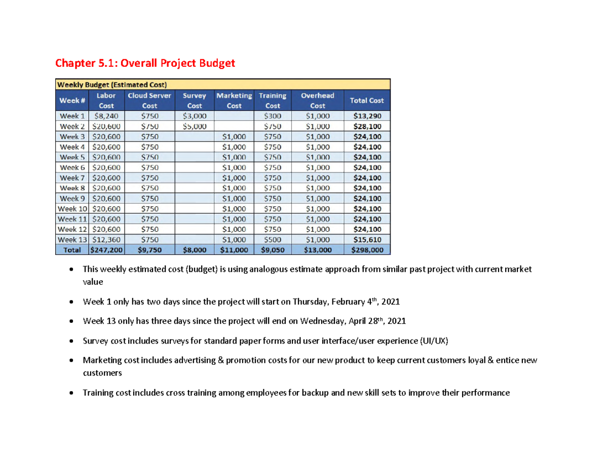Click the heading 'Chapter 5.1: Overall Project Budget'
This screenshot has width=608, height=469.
[x=145, y=63]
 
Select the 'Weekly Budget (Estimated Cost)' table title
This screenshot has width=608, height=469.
[x=112, y=84]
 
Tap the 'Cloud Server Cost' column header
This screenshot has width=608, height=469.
[x=149, y=100]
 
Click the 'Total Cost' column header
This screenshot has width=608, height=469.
[x=367, y=100]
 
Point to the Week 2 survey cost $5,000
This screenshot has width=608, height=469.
[x=195, y=126]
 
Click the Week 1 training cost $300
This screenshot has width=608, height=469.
[x=273, y=116]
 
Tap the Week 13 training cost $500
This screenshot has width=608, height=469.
[x=273, y=239]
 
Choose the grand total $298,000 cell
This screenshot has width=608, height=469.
[x=367, y=249]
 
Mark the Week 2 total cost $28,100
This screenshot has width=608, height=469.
[x=367, y=126]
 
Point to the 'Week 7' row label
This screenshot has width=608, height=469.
[x=72, y=178]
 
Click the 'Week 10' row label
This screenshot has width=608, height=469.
[x=72, y=208]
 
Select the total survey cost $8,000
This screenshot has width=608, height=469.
[x=195, y=249]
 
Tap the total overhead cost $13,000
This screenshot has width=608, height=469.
[x=317, y=249]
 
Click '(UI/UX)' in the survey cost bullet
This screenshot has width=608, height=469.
[x=434, y=340]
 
